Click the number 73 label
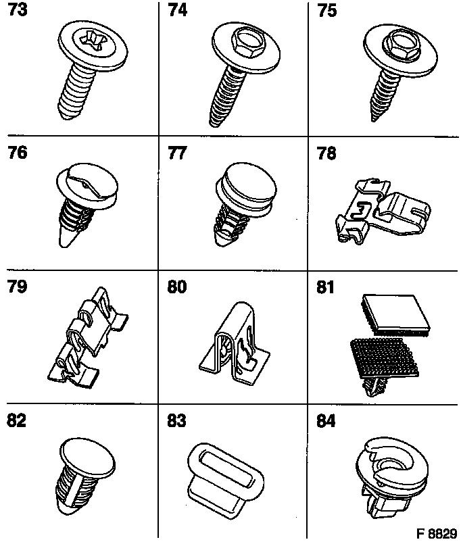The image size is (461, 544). coord(18,9)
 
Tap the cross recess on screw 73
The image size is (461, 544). coord(93,40)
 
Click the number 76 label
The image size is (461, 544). coord(18,153)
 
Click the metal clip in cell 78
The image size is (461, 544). coord(383,211)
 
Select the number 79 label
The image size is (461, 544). coord(17,287)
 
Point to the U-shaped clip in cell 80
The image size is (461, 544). coord(235,345)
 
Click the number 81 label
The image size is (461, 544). coord(325,287)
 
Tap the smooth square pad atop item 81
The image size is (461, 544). coord(395,314)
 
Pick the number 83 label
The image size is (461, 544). coord(176,421)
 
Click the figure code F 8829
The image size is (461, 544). coord(437,533)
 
